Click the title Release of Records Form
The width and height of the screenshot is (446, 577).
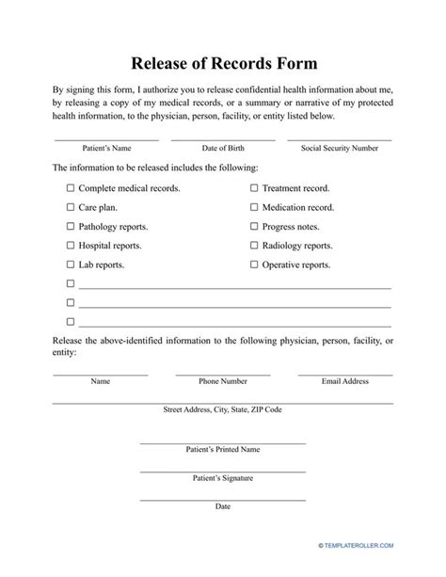[x=223, y=64]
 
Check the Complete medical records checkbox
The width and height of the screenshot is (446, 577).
[x=71, y=188]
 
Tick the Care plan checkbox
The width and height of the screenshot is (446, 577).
[x=71, y=207]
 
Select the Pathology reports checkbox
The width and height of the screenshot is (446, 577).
[x=71, y=227]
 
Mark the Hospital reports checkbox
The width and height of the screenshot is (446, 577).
[x=71, y=246]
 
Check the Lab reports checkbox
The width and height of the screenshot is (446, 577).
[x=71, y=265]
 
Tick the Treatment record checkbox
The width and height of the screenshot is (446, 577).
[x=254, y=188]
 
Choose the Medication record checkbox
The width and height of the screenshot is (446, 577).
[x=254, y=207]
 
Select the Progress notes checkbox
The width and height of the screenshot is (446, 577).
[x=254, y=227]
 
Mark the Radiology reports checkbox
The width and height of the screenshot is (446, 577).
[x=254, y=246]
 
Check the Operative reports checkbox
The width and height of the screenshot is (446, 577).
[x=254, y=265]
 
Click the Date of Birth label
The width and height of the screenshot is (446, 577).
[x=223, y=149]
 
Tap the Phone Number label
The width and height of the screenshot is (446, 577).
[x=223, y=381]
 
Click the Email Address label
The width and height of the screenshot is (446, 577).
[x=345, y=381]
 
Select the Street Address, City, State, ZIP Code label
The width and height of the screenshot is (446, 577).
[x=223, y=410]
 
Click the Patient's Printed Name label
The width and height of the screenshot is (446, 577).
[x=223, y=451]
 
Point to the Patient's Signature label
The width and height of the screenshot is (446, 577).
[x=223, y=478]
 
